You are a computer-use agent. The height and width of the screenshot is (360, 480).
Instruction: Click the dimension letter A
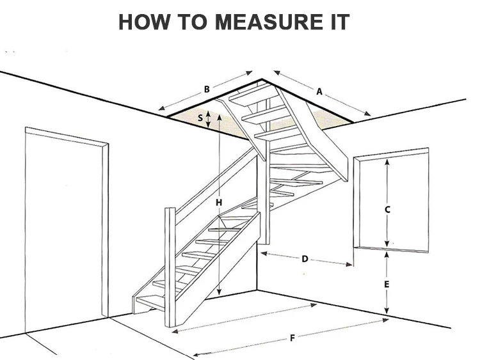pyautogui.click(x=319, y=91)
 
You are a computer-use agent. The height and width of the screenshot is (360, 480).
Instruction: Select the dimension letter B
pyautogui.click(x=207, y=90)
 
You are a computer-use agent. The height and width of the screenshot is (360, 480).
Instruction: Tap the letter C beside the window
pyautogui.click(x=387, y=209)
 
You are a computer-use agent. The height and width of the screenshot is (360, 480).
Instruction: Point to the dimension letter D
pyautogui.click(x=305, y=259)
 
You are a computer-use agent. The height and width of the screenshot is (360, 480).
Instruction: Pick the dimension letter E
pyautogui.click(x=387, y=283)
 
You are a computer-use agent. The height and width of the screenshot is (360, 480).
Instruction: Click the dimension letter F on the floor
pyautogui.click(x=292, y=337)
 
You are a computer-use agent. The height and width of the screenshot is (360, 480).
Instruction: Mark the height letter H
pyautogui.click(x=218, y=203)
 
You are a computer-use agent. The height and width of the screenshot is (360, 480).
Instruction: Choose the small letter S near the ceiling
pyautogui.click(x=200, y=118)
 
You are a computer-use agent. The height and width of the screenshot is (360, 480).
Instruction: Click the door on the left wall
pyautogui.click(x=64, y=224)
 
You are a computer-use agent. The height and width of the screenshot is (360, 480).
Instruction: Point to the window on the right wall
pyautogui.click(x=392, y=201)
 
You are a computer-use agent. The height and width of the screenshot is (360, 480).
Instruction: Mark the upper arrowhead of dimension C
pyautogui.click(x=387, y=161)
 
